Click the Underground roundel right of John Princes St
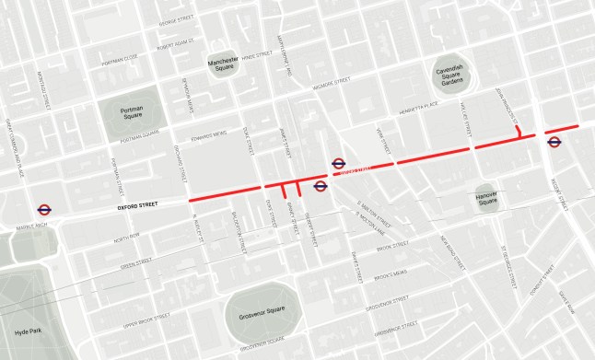[x=554, y=141]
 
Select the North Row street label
[x=126, y=240]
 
